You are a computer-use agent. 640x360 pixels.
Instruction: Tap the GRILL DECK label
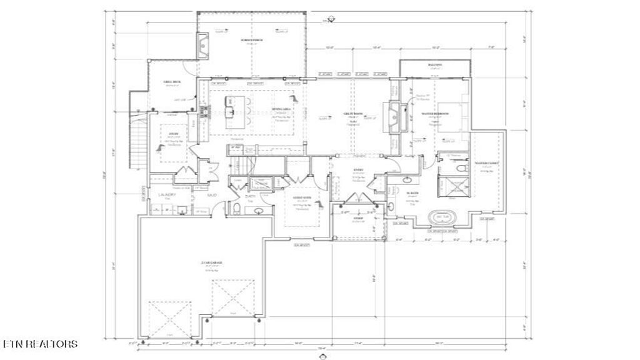(172, 82)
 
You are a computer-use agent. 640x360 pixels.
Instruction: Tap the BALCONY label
(435, 65)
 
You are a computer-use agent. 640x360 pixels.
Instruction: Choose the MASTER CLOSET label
(484, 164)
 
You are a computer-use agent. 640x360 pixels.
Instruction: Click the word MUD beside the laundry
(195, 196)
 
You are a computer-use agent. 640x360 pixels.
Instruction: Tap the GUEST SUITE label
(302, 197)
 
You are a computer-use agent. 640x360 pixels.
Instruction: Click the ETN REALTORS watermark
(40, 344)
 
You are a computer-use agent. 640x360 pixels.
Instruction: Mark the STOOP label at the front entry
(358, 218)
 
